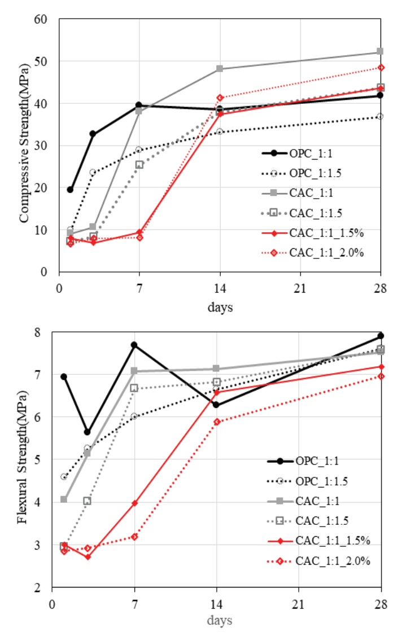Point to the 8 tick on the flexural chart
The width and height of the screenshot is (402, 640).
click(42, 332)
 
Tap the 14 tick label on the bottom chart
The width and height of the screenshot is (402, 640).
click(216, 603)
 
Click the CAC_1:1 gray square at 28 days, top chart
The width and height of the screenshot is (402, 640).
click(380, 52)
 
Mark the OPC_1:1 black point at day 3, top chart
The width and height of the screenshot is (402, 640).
click(93, 134)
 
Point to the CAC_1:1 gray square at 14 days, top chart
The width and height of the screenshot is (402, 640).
click(220, 69)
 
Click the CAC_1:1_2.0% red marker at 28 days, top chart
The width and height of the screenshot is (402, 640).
click(381, 68)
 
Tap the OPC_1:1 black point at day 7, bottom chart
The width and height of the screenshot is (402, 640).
click(134, 345)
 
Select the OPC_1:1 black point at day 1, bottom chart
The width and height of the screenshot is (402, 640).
click(64, 376)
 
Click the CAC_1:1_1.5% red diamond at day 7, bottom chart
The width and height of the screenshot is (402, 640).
click(134, 503)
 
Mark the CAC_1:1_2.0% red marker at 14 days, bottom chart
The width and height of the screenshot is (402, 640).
click(216, 422)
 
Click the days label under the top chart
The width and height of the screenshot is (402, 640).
click(220, 308)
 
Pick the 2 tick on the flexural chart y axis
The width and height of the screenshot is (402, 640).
click(42, 588)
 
